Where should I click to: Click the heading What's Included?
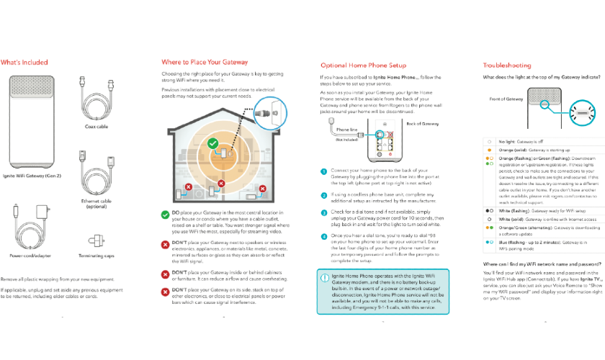pos(24,63)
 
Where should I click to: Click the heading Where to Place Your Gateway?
pos(205,63)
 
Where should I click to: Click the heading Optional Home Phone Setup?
pos(363,66)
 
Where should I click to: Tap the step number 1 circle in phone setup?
pos(324,171)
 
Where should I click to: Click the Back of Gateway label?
pos(421,124)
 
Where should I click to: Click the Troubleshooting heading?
pos(507,66)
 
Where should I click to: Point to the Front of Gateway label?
pos(506,98)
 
